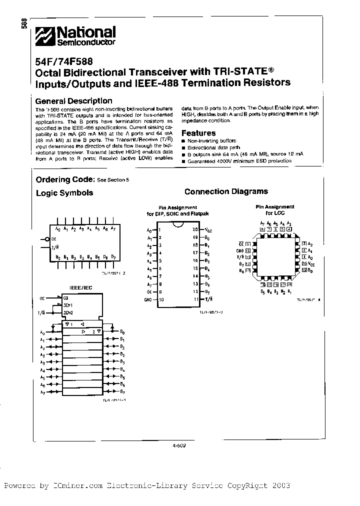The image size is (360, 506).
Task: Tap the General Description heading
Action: click(x=73, y=101)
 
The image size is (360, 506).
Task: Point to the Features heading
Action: click(x=198, y=133)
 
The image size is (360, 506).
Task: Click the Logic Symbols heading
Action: click(x=64, y=192)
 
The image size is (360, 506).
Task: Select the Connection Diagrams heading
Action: click(x=226, y=191)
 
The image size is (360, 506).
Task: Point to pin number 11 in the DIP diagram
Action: click(x=195, y=299)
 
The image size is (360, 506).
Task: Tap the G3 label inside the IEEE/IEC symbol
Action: click(x=65, y=298)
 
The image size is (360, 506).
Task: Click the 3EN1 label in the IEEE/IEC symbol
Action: click(x=67, y=305)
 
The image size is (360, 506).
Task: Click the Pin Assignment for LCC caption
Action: click(x=275, y=209)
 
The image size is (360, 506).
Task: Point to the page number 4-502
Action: click(x=178, y=447)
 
